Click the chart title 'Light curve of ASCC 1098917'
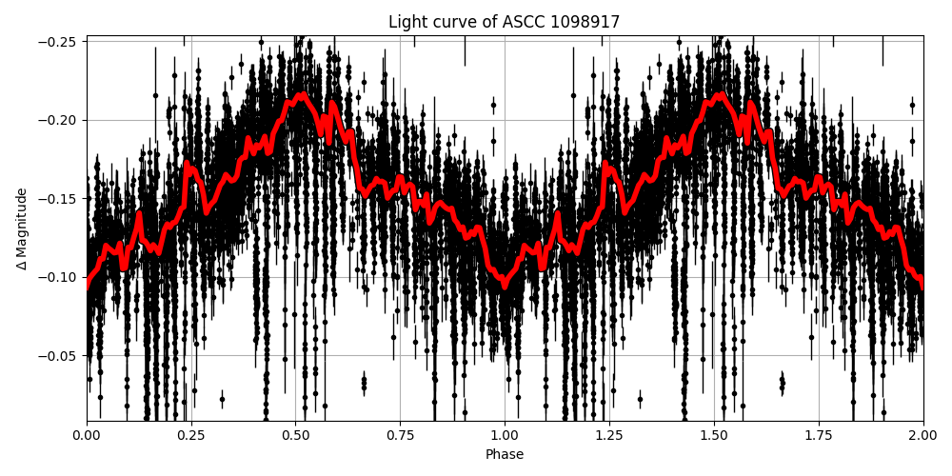(x=504, y=22)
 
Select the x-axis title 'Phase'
(x=504, y=455)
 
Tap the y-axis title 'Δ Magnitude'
(x=22, y=228)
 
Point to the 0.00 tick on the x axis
(x=87, y=435)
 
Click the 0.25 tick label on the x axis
(x=191, y=435)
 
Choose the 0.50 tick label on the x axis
(x=295, y=435)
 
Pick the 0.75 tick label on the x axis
(x=400, y=435)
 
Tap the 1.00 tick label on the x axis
(x=505, y=435)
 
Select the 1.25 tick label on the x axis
(x=609, y=435)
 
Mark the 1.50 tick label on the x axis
(x=713, y=435)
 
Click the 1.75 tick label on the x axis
(x=818, y=435)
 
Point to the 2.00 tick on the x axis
(x=922, y=435)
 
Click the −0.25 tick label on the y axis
(x=60, y=41)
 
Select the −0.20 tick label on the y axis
(x=60, y=120)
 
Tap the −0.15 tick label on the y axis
(x=60, y=199)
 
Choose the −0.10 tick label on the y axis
(x=60, y=277)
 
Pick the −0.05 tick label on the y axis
(x=60, y=356)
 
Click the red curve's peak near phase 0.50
(x=301, y=95)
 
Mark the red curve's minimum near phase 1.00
(x=505, y=285)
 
